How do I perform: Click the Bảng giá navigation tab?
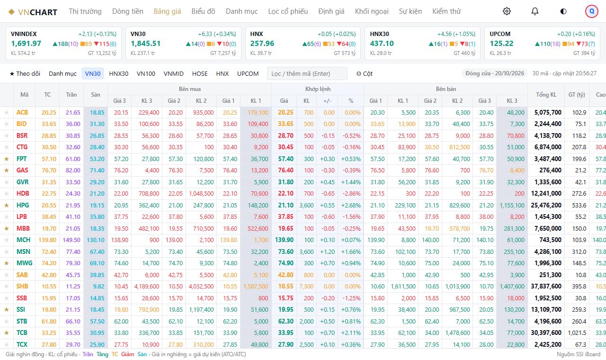(167, 11)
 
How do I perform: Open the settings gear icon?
(507, 11)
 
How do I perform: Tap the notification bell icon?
(535, 11)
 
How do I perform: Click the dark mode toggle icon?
(563, 11)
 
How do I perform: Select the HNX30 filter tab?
(118, 73)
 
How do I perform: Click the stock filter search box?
(307, 73)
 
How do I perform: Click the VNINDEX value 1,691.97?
(26, 44)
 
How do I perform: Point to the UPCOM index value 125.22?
(501, 44)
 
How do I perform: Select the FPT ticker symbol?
(22, 159)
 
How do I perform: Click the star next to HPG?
(7, 205)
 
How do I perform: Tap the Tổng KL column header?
(546, 95)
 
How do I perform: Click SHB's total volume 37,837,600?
(546, 287)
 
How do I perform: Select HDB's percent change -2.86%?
(351, 194)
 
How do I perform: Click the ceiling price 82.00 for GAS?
(73, 170)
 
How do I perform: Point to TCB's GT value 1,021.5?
(577, 333)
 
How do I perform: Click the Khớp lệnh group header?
(318, 89)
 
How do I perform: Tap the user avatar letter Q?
(592, 11)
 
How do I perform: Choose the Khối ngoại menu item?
(372, 11)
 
